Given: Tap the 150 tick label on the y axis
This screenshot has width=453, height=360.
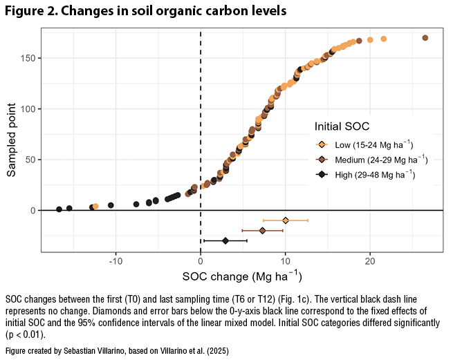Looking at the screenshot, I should pyautogui.click(x=28, y=58).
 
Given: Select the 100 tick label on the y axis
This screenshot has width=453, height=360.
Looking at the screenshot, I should pyautogui.click(x=28, y=108).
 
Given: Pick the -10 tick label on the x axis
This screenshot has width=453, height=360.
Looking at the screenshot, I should pyautogui.click(x=115, y=260).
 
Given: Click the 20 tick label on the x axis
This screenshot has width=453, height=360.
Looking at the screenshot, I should pyautogui.click(x=370, y=260).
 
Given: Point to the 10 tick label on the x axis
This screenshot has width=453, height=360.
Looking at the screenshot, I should pyautogui.click(x=285, y=260).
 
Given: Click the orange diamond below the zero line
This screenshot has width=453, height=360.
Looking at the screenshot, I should pyautogui.click(x=286, y=220).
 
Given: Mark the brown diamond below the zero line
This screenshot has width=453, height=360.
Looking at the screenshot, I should pyautogui.click(x=262, y=230).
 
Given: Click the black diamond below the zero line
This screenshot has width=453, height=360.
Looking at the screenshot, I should pyautogui.click(x=225, y=240).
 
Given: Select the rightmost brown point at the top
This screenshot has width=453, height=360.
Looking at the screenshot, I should pyautogui.click(x=425, y=38).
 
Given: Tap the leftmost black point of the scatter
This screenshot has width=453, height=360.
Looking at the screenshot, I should pyautogui.click(x=59, y=209).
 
